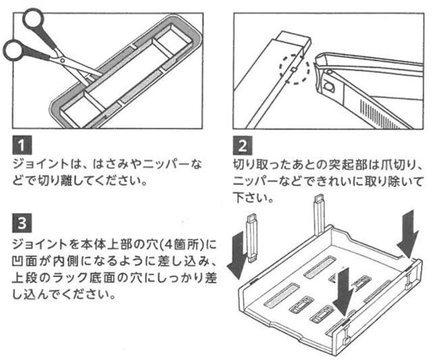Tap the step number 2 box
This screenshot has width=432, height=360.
click(x=240, y=145)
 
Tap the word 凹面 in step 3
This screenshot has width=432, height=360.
click(x=24, y=259)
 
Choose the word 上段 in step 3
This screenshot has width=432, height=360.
click(x=24, y=277)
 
